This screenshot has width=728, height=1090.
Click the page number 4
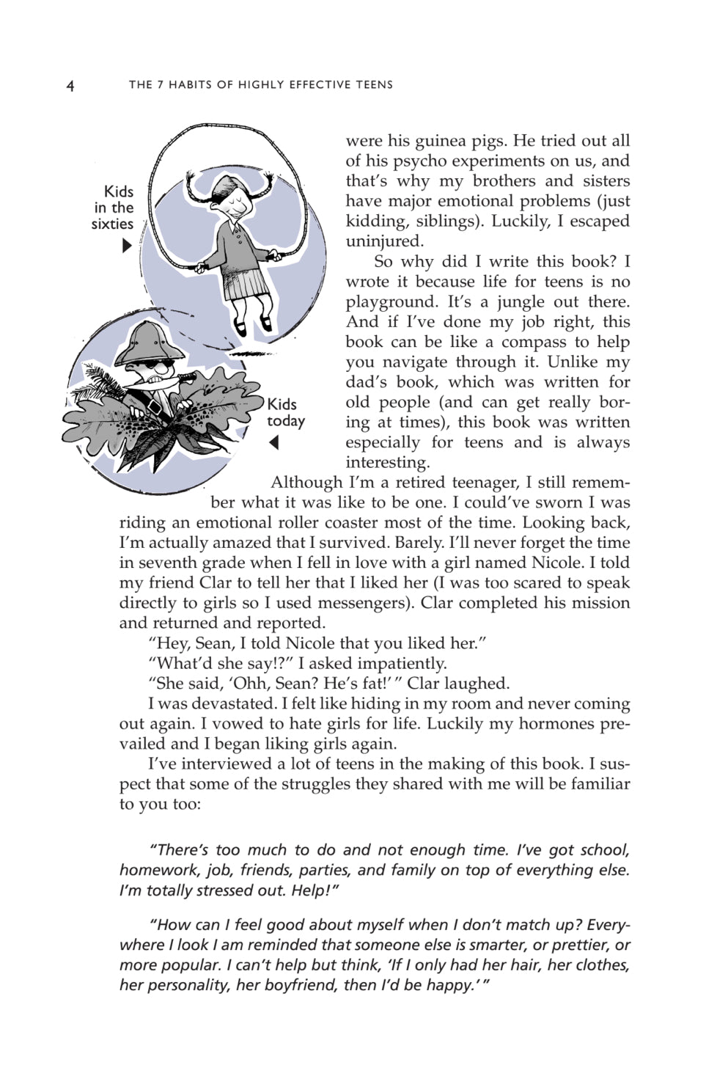(70, 86)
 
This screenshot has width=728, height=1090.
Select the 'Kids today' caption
(284, 412)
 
